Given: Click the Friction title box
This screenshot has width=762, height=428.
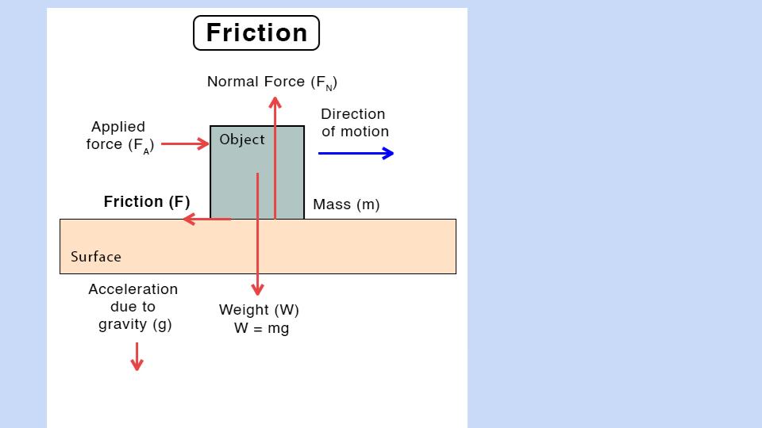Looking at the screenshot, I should pos(256,33).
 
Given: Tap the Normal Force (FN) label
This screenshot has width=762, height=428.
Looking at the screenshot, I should pos(272,82).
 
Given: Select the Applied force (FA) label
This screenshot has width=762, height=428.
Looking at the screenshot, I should pos(119,136).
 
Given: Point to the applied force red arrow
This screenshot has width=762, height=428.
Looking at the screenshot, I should pos(185,144).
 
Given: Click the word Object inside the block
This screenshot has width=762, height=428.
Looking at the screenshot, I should pos(242,139).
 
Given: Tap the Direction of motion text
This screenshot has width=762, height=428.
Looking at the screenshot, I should pos(354,123).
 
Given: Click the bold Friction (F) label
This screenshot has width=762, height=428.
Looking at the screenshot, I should pos(147,202).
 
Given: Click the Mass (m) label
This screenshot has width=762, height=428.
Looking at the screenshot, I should pos(346,204).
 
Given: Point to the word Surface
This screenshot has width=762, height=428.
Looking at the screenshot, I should pos(96,257).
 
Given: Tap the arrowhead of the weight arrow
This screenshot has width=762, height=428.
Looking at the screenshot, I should pos(257,291).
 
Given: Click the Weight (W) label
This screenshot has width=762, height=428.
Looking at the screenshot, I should pos(259,310).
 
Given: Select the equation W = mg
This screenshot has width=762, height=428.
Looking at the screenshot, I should pos(261,328).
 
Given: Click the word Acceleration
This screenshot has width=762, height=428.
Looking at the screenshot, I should pos(133,289).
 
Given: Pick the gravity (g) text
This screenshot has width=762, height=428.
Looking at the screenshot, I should pos(135,324).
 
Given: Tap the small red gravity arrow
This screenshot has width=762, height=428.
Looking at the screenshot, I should pos(137,357).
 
